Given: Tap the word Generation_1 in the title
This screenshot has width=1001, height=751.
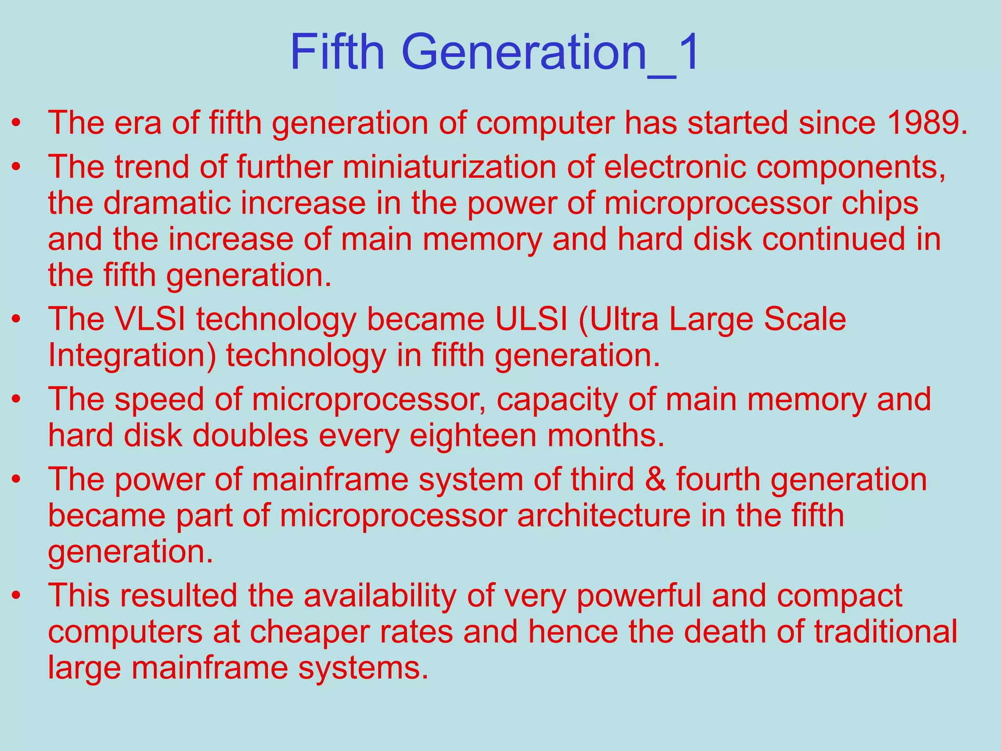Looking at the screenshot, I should pyautogui.click(x=551, y=52).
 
